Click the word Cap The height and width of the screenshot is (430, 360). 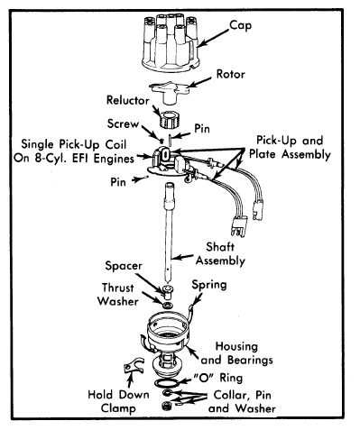(241, 26)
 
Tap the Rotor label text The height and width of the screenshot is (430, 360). (231, 74)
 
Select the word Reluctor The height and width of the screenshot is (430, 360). (128, 100)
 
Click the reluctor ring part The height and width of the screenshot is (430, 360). (170, 120)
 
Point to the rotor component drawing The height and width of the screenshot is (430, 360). (169, 92)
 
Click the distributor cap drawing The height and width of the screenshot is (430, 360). (171, 42)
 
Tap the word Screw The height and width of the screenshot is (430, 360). (124, 124)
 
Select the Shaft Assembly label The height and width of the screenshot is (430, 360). (220, 254)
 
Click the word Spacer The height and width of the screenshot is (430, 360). (124, 266)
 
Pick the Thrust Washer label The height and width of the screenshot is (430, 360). (118, 294)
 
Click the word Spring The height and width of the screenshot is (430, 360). (209, 285)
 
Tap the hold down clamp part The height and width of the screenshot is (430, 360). (134, 365)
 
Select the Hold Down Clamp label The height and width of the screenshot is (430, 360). (118, 401)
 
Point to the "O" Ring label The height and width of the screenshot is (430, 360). (218, 378)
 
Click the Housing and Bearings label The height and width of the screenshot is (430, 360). (236, 353)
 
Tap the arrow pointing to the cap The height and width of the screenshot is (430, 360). (213, 38)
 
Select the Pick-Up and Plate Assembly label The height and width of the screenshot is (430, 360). (290, 147)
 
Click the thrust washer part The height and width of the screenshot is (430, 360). (167, 306)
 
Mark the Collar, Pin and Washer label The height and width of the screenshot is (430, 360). (242, 401)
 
